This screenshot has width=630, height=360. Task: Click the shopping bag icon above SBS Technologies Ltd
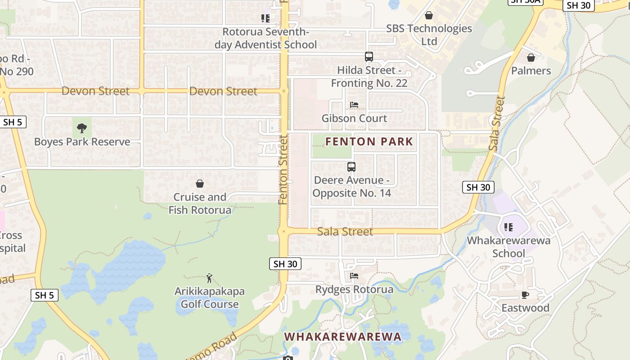coord(429,16)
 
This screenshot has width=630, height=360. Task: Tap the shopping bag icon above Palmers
coord(531,58)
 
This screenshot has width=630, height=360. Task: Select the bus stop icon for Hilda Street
coord(369,57)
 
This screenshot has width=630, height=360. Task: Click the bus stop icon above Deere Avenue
coord(351,167)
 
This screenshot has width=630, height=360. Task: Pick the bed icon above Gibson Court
coord(354,105)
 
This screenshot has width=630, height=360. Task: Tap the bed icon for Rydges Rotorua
coord(354,276)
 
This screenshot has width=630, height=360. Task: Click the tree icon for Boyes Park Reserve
coord(82,128)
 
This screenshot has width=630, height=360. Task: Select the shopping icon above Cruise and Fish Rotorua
coord(200,184)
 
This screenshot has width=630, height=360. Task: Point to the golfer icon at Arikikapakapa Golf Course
coord(209,278)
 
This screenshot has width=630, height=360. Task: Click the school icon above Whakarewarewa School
coord(508,227)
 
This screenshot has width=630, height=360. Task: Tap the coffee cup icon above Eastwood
coord(525,295)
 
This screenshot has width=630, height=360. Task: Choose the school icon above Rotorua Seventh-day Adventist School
coord(265,18)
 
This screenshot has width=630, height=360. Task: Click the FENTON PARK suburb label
coord(369,142)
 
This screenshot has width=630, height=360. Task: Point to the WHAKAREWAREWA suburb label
coord(342,337)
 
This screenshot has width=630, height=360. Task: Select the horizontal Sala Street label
coord(345,232)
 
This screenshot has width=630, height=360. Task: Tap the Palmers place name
coord(531,71)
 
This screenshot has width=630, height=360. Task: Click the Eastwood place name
coord(526,308)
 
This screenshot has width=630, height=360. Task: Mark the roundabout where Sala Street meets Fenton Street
coord(283,232)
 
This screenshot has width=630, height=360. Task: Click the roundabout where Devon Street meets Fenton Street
coord(284,91)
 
